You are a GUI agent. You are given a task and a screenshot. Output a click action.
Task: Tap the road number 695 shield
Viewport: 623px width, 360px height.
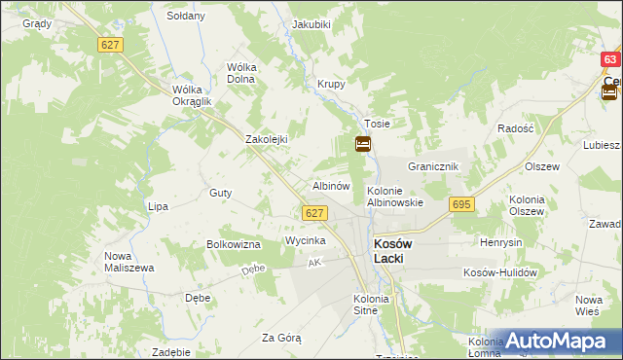[461, 204]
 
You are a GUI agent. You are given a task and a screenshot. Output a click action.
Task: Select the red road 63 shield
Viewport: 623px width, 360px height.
[610, 59]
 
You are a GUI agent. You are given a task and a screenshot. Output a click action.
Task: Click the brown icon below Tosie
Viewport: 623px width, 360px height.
[362, 145]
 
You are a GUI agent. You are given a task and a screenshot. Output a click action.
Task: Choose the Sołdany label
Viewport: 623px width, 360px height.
[186, 17]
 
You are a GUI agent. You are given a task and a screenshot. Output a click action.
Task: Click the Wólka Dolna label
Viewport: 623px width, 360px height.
[240, 73]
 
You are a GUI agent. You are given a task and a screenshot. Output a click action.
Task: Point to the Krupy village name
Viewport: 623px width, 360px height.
[331, 85]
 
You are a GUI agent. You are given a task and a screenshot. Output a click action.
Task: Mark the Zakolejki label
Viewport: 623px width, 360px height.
[267, 139]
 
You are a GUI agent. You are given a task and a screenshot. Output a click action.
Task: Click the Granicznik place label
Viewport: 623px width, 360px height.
[433, 167]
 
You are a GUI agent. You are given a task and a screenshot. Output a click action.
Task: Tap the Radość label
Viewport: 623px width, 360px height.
[515, 128]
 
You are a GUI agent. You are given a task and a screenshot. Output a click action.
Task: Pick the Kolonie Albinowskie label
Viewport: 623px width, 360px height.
[394, 197]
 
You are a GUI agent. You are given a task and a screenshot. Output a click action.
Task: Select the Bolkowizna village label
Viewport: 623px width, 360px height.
[233, 244]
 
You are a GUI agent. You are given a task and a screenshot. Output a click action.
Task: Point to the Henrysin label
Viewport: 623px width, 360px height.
[501, 241]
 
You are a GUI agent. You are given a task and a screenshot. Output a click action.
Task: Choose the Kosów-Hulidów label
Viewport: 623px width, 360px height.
[500, 273]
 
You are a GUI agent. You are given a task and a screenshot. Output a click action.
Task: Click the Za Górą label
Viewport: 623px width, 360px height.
[281, 338]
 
